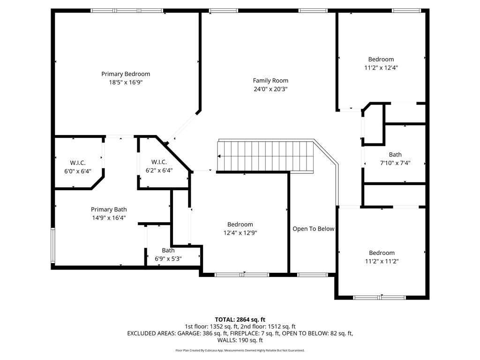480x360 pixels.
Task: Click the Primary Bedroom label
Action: (126, 74)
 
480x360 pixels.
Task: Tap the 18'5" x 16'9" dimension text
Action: (126, 82)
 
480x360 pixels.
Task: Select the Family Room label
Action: (270, 80)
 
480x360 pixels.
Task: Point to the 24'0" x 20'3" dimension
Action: (270, 89)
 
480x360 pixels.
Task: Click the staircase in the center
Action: (265, 156)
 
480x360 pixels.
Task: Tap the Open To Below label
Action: (313, 229)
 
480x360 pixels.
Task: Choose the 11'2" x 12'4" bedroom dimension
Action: (381, 67)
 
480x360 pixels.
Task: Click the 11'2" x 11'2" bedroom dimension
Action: (381, 261)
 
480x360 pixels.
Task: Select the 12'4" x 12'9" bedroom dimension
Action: (240, 232)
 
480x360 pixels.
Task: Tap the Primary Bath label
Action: (109, 210)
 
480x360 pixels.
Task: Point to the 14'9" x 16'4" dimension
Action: (109, 217)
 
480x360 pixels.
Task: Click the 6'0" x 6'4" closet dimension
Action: (77, 171)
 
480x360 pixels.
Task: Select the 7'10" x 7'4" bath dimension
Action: (395, 163)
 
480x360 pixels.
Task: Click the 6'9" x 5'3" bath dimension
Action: (168, 258)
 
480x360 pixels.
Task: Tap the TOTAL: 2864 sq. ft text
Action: (240, 319)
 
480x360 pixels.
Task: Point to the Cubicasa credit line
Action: (240, 350)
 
